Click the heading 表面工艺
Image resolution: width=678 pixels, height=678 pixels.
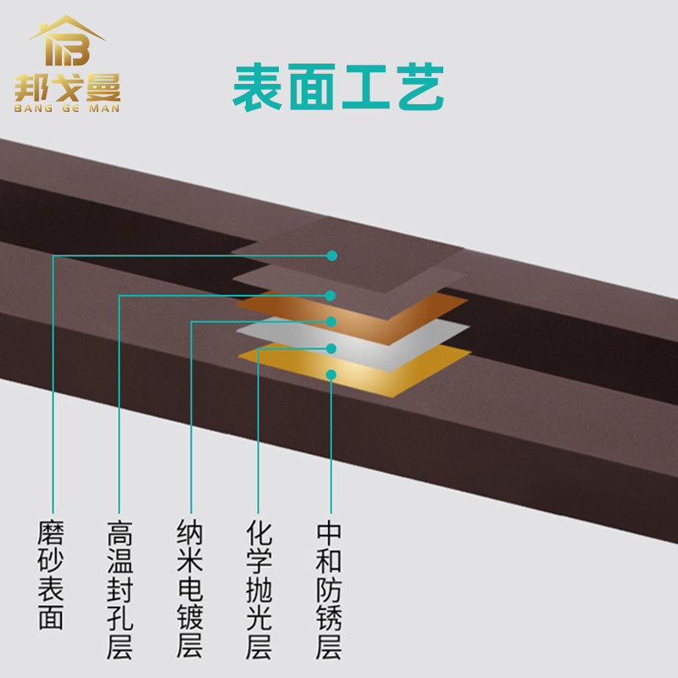click(338, 87)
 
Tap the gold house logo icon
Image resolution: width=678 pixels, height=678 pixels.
click(68, 43)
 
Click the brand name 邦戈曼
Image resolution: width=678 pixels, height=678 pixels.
click(68, 87)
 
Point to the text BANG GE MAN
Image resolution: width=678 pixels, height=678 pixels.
click(68, 108)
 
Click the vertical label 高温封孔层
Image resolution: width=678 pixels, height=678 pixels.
click(120, 590)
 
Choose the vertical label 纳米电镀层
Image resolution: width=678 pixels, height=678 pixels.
click(190, 590)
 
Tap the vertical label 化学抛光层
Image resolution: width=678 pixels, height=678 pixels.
click(258, 590)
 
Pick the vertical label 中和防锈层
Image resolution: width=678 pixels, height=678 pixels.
click(329, 590)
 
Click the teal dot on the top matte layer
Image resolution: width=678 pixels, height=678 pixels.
click(332, 255)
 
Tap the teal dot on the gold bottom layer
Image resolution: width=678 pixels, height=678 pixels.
click(331, 375)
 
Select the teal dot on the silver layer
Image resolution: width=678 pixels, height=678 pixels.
click(331, 348)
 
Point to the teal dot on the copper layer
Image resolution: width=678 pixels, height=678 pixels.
click(331, 321)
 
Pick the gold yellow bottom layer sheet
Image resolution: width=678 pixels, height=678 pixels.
click(398, 373)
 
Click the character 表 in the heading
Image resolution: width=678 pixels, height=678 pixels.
click(259, 87)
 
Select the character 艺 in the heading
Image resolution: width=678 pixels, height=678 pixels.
click(419, 87)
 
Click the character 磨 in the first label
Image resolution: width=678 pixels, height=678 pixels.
click(52, 535)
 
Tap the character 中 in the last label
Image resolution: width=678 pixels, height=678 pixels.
click(329, 535)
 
